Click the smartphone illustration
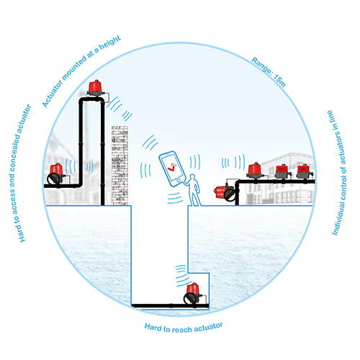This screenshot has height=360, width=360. pos(172,168)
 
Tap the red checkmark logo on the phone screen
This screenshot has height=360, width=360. pos(172,167)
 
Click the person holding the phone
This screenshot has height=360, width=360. pos(194,190)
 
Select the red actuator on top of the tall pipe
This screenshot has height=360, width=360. pos(96,88)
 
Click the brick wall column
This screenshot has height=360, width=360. pos(120,166)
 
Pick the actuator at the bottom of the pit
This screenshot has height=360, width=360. pos(192,294)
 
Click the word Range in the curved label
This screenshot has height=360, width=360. pos(261,66)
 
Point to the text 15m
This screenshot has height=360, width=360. pos(279,81)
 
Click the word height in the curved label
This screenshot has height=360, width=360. pos(110,42)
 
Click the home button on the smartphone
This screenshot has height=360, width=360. pos(179,181)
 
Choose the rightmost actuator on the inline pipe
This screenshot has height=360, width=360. pos(305,171)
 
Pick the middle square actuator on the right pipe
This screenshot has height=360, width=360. pos(283,171)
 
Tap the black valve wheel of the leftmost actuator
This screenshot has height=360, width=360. pos(53,179)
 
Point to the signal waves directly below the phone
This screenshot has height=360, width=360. pos(175,198)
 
